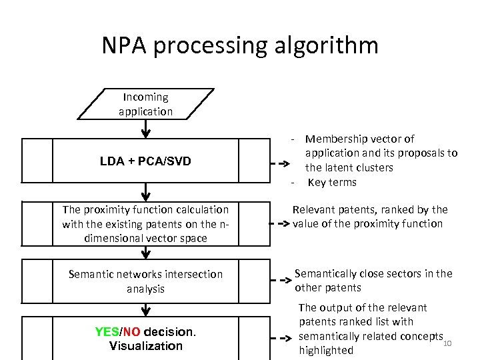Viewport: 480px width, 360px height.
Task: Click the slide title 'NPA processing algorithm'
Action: [240, 45]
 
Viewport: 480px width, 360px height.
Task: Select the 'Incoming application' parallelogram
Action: [146, 105]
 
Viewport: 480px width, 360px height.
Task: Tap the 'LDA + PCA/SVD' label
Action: [145, 161]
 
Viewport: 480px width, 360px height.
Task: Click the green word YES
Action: [107, 332]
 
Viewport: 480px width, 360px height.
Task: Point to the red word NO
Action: [131, 332]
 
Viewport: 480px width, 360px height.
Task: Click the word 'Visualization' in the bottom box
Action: [145, 346]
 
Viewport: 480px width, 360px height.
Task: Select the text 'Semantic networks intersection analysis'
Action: [146, 281]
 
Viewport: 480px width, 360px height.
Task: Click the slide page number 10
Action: [447, 343]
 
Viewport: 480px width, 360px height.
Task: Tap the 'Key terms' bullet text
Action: [331, 183]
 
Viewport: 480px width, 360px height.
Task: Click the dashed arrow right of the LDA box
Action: [279, 161]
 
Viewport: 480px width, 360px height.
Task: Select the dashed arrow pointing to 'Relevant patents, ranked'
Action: [279, 224]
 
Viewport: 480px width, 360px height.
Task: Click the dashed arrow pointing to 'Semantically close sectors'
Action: [279, 281]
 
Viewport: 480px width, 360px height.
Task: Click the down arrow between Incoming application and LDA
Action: [145, 129]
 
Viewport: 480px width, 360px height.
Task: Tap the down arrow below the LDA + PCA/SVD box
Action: [145, 191]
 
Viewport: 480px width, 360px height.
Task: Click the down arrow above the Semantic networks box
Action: [145, 252]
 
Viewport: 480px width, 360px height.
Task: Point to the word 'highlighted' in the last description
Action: [326, 351]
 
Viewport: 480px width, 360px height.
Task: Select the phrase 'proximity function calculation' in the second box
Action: [158, 209]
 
